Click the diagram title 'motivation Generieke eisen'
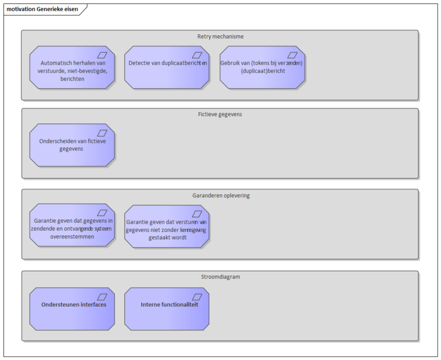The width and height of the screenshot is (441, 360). coord(42,9)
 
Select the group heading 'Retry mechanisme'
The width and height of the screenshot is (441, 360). coord(220,36)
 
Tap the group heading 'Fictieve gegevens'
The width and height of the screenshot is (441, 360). coord(220,114)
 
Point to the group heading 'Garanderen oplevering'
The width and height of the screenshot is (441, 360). coord(221,195)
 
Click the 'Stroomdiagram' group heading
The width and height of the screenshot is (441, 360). coord(220,277)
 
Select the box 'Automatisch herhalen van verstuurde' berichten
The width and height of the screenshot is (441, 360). coord(72,67)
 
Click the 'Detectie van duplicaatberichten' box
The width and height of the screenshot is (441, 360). coord(167,67)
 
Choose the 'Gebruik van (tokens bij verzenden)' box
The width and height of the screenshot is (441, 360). coord(262,67)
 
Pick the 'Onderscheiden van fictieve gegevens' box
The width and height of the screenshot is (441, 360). coord(72,145)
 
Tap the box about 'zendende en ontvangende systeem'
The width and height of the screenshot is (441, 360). coord(72,225)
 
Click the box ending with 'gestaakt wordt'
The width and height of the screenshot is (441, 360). coord(167,226)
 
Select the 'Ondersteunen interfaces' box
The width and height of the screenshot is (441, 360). coord(72,309)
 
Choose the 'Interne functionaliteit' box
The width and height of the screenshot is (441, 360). coord(167,309)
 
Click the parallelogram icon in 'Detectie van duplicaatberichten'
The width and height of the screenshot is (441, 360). coord(197,55)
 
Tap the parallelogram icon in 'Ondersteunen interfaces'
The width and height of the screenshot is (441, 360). coord(102,297)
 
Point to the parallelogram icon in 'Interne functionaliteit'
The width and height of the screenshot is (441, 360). coord(197,297)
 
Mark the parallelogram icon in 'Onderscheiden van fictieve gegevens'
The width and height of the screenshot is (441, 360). coord(102,133)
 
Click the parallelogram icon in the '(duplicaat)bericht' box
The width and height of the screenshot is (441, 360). coord(292,55)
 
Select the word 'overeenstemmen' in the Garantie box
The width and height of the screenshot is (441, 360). coord(72,236)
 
